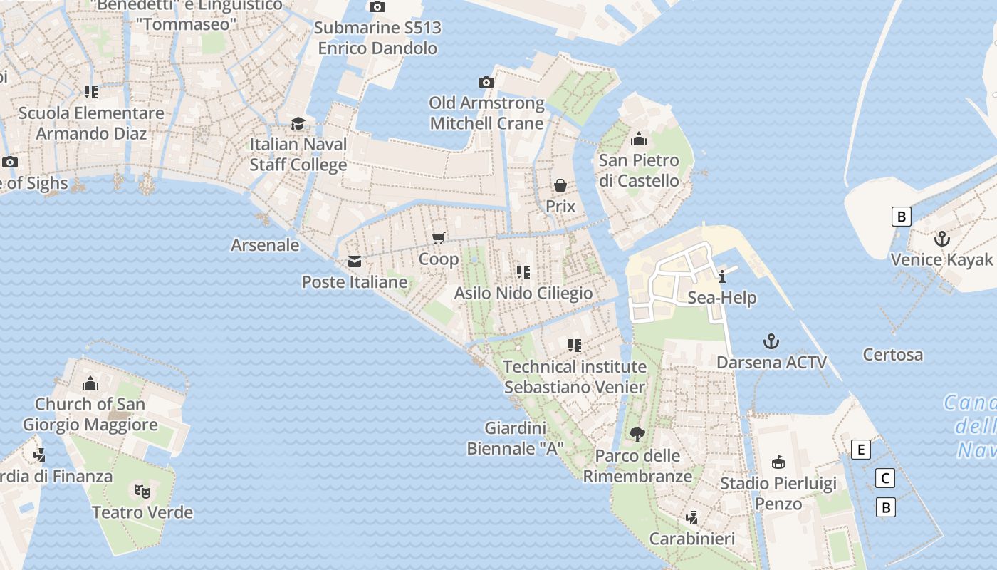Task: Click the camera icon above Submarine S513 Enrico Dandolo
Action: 377,7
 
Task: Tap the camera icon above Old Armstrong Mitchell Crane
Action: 486,83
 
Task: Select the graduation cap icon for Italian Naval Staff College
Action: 298,124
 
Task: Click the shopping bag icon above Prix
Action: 560,186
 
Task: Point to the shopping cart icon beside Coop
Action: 439,238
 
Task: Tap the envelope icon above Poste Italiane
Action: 354,261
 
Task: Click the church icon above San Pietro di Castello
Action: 639,139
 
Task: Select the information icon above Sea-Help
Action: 722,276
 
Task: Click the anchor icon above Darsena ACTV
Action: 771,341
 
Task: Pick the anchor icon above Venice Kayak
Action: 942,239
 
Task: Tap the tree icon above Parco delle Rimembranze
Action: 637,434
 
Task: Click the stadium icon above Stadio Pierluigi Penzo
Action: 778,462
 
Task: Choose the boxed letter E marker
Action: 861,450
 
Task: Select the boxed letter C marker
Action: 885,478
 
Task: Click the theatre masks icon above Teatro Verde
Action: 142,491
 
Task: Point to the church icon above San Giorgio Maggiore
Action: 90,383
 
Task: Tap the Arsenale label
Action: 265,245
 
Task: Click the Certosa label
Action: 892,354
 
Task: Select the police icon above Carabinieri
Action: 691,517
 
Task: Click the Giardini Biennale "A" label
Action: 516,438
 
